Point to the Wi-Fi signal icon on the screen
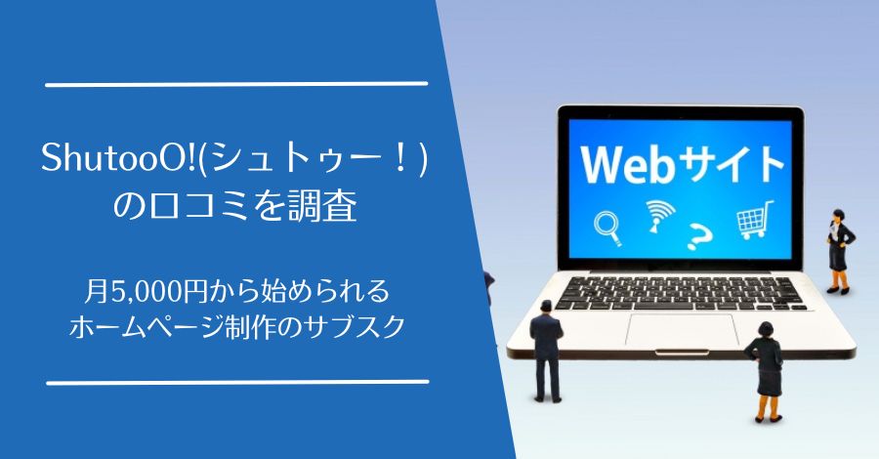click(656, 215)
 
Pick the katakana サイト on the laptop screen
click(724, 162)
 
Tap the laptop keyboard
click(674, 290)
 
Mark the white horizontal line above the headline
click(236, 84)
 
